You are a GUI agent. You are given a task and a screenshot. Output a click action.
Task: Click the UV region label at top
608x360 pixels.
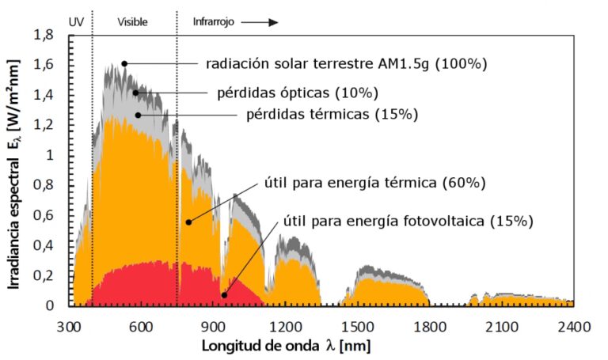[x=76, y=22]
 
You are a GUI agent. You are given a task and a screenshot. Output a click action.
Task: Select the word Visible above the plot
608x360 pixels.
[x=132, y=22]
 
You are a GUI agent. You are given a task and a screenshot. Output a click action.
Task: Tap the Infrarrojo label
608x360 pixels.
[x=215, y=22]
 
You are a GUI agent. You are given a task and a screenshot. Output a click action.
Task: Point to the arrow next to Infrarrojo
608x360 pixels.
[x=260, y=22]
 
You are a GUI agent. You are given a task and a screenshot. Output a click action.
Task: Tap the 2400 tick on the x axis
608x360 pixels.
[x=572, y=326]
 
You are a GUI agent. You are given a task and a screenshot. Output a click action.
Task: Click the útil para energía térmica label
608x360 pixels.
[x=374, y=184]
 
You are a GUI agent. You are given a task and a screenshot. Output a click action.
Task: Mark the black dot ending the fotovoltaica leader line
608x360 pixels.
[x=224, y=295]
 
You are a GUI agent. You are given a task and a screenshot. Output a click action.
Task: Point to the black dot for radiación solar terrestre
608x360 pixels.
[x=124, y=63]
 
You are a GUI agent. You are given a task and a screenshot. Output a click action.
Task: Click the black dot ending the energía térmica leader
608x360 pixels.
[x=188, y=222]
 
